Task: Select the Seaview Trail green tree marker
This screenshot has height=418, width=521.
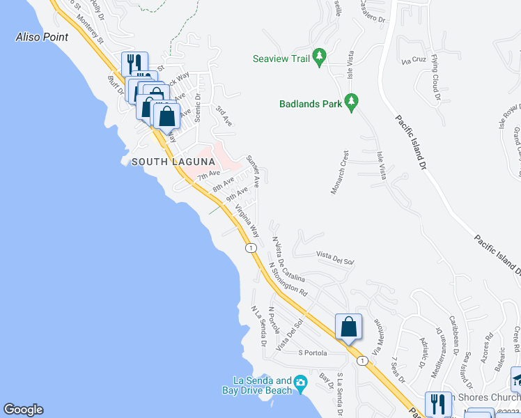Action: pyautogui.click(x=320, y=57)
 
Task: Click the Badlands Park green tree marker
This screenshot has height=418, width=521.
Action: pyautogui.click(x=351, y=102)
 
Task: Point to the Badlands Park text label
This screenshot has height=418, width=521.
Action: pyautogui.click(x=310, y=104)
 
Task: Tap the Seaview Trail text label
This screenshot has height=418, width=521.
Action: pyautogui.click(x=281, y=59)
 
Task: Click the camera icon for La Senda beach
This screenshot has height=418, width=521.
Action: pyautogui.click(x=300, y=382)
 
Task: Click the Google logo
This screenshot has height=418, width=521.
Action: pyautogui.click(x=23, y=410)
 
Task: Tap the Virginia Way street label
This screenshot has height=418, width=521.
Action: pyautogui.click(x=247, y=221)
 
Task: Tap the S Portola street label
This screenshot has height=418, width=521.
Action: pyautogui.click(x=312, y=353)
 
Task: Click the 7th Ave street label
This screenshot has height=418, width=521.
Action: pyautogui.click(x=209, y=175)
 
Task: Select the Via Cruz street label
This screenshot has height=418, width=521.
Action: pyautogui.click(x=413, y=60)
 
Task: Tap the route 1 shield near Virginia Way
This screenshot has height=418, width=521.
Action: pyautogui.click(x=249, y=247)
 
